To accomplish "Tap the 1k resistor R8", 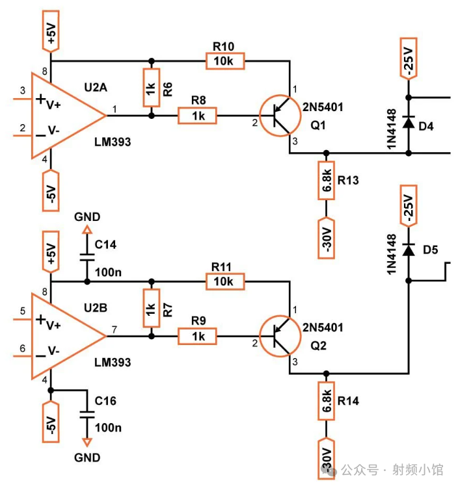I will [198, 116].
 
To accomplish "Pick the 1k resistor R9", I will [198, 336].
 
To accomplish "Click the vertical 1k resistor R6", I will [151, 88].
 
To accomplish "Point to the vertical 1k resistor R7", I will [151, 309].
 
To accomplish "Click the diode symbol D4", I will [409, 122].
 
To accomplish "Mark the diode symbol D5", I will [409, 250].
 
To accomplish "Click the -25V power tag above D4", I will [409, 60].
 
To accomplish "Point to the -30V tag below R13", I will [326, 237].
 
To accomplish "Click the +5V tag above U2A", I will [51, 31].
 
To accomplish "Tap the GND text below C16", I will [87, 457].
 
